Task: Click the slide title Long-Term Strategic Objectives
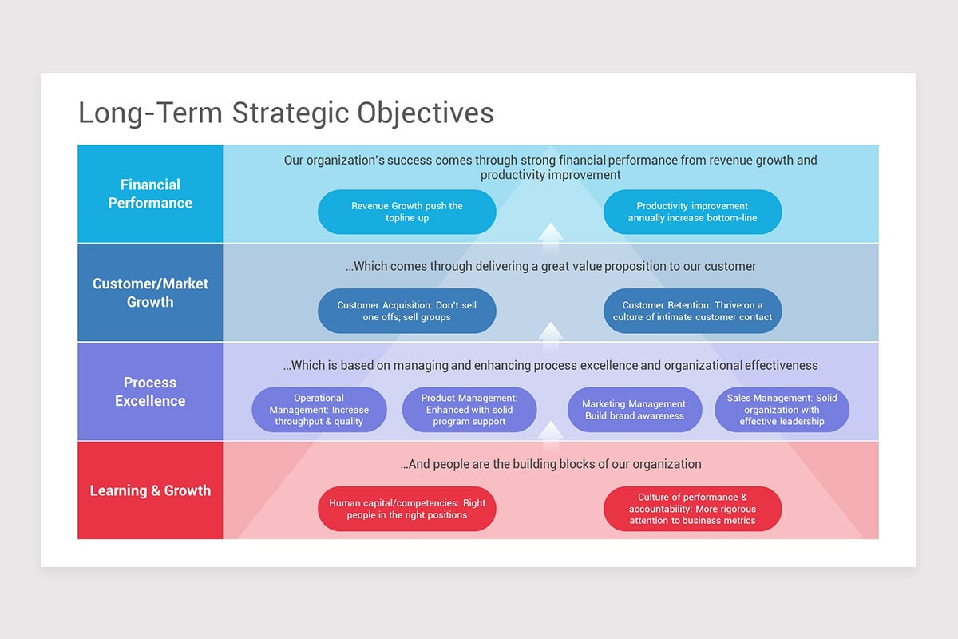[286, 113]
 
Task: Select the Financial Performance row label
[150, 193]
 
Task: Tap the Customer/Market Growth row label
[150, 292]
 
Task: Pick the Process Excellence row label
[150, 391]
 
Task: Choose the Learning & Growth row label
[150, 490]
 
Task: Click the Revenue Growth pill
[406, 212]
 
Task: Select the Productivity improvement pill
[692, 212]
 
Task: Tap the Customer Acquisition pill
[406, 311]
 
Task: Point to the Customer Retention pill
[692, 311]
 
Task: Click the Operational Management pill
[319, 410]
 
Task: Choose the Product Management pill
[469, 410]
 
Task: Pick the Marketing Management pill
[635, 410]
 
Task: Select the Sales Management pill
[782, 410]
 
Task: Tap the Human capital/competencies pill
[406, 509]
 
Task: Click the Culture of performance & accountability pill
[692, 509]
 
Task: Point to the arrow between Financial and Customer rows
[550, 239]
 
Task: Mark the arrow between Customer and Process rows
[550, 338]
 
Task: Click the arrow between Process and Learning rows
[550, 437]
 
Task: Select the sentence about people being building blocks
[550, 464]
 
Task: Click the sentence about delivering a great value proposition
[550, 266]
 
